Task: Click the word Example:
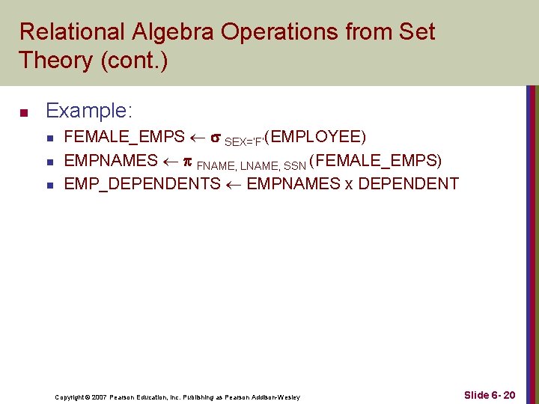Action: point(89,111)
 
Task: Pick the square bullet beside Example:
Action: point(23,114)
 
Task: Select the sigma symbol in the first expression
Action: point(215,138)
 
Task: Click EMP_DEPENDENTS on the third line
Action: point(142,184)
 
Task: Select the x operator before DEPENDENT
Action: point(349,184)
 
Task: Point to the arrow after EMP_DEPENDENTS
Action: point(233,184)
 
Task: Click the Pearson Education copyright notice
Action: point(177,397)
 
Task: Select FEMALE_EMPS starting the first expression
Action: point(124,138)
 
